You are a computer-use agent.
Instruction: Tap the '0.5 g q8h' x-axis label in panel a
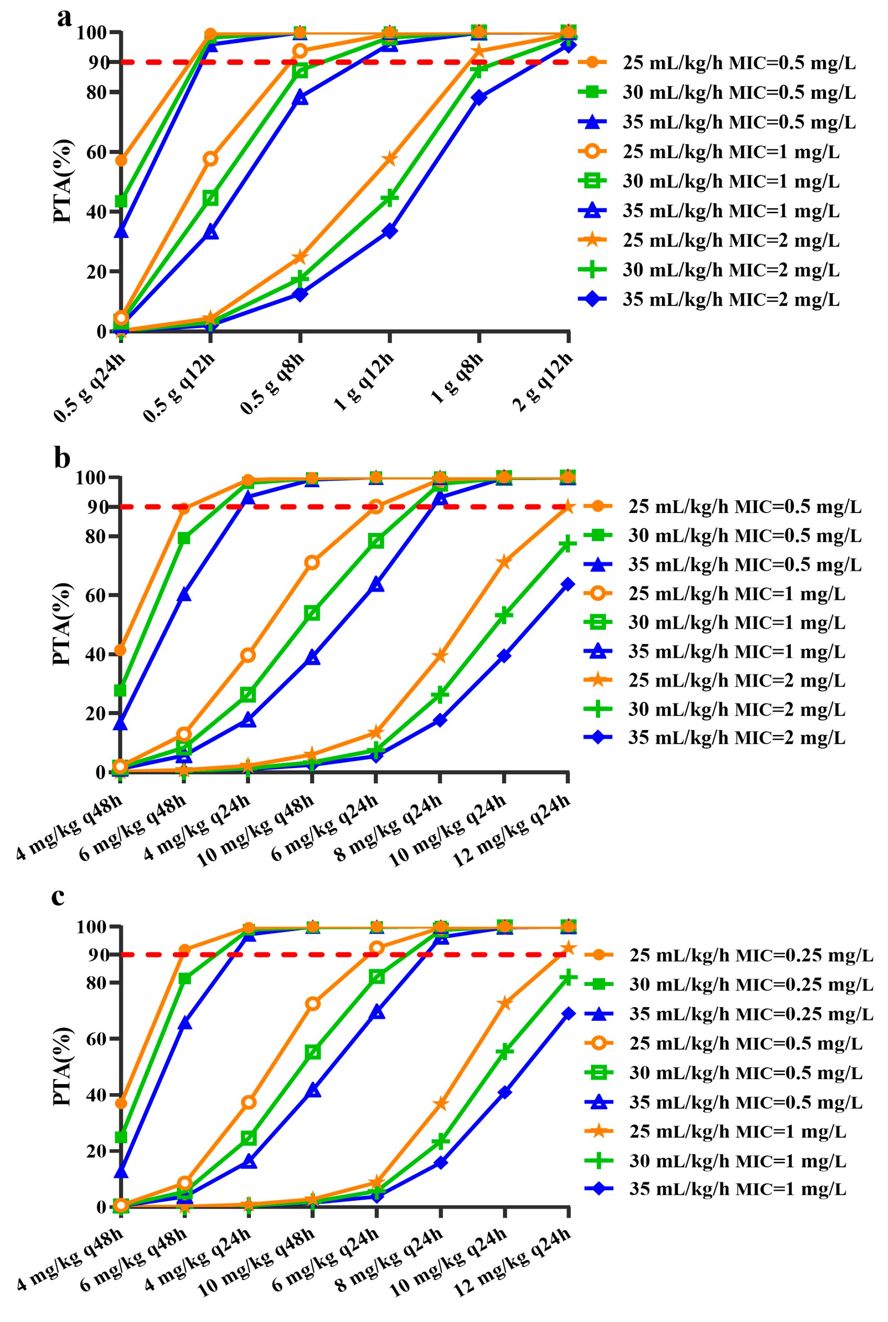(273, 383)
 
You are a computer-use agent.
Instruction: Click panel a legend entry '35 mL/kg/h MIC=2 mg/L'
(731, 299)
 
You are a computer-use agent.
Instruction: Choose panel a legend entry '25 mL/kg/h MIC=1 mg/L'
(731, 152)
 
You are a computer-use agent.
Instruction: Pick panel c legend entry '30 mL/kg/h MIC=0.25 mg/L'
(751, 985)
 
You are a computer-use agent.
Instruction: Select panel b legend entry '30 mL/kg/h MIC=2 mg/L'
(736, 709)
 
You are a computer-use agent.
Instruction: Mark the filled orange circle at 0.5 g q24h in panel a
(120, 160)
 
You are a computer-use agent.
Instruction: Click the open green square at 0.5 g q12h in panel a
(210, 198)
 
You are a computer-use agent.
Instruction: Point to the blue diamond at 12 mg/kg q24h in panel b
(568, 584)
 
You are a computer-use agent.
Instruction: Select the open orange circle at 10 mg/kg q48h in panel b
(312, 562)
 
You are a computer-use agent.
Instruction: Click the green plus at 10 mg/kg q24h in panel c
(505, 1051)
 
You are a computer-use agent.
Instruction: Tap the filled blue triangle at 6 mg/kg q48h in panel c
(185, 1023)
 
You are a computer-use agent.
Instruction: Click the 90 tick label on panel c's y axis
(98, 954)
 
